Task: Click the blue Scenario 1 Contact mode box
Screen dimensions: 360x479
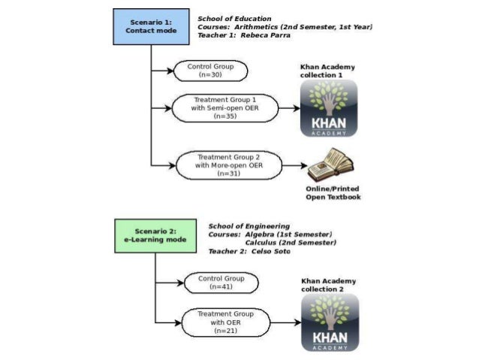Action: click(x=150, y=27)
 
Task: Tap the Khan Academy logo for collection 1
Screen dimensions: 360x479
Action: click(x=328, y=108)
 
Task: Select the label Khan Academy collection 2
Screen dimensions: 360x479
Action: click(x=329, y=285)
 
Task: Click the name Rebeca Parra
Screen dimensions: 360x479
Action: click(x=267, y=35)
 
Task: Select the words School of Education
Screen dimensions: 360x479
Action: click(x=234, y=18)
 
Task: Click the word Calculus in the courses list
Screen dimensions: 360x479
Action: click(x=264, y=242)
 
